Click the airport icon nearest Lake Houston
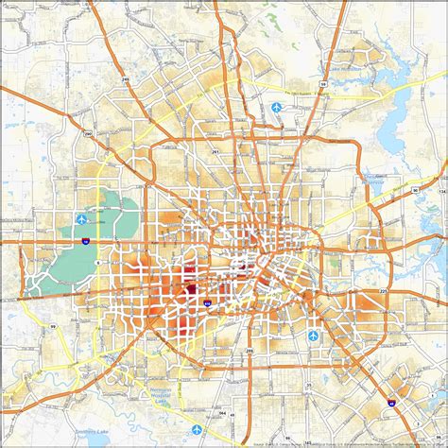point(276,107)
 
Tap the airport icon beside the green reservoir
point(83,219)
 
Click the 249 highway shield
point(125,80)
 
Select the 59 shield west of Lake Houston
point(322,84)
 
